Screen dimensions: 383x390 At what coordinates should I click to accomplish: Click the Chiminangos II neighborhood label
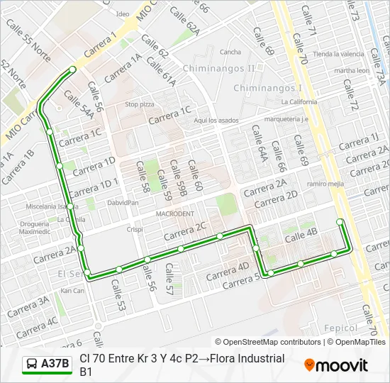click(218, 68)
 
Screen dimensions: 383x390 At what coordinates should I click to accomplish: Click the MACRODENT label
click(175, 213)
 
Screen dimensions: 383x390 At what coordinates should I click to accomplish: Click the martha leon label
click(352, 71)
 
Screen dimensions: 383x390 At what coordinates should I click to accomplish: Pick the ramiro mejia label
click(325, 184)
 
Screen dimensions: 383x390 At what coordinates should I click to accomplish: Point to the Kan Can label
click(72, 290)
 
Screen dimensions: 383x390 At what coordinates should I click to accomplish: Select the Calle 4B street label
click(301, 237)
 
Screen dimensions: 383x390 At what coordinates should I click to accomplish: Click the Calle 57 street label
click(169, 280)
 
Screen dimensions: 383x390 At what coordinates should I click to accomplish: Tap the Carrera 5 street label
click(242, 282)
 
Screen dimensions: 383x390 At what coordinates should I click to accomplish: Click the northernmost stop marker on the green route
click(73, 69)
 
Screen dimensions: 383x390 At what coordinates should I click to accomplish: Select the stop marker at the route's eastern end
click(340, 222)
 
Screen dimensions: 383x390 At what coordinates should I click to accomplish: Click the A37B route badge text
click(55, 365)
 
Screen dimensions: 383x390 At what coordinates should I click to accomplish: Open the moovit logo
click(336, 365)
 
